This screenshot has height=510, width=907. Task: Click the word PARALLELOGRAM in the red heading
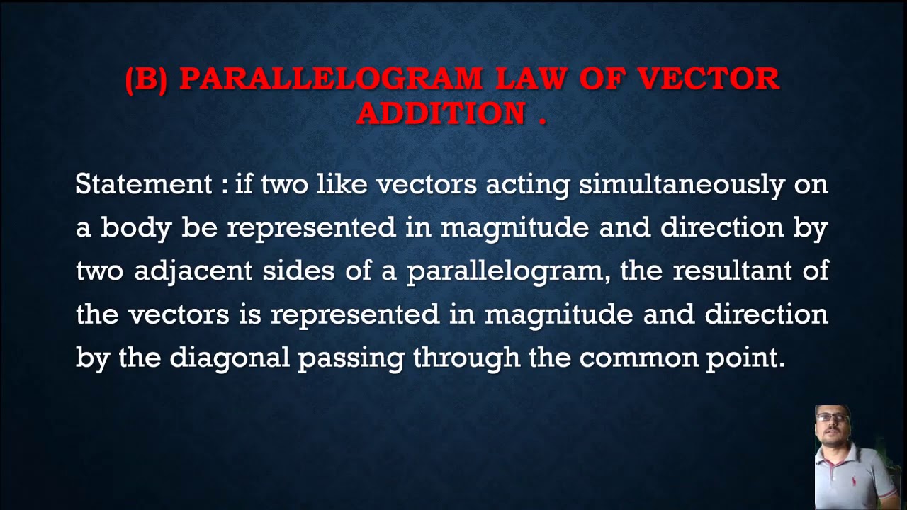pyautogui.click(x=331, y=79)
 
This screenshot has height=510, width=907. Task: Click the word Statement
pyautogui.click(x=144, y=184)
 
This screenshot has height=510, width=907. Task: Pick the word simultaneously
pyautogui.click(x=682, y=186)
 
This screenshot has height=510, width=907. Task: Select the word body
pyautogui.click(x=135, y=228)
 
